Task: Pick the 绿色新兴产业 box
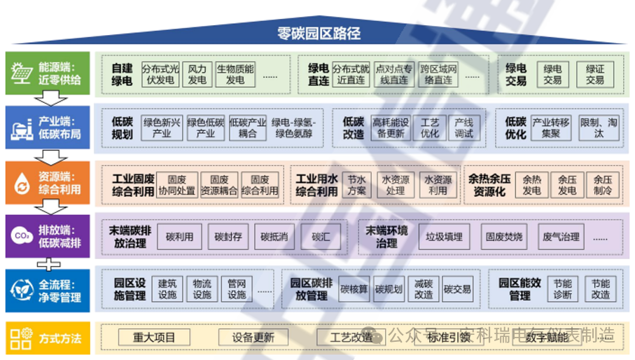[x=162, y=127]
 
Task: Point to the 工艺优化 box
[x=429, y=127]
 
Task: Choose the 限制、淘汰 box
[x=599, y=127]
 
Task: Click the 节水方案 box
[x=356, y=185]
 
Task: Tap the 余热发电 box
[x=531, y=185]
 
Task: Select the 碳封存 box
[x=228, y=237]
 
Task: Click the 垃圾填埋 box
[x=444, y=237]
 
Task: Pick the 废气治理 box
[x=561, y=237]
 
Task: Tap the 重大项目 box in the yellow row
[x=155, y=337]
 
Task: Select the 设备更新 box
[x=254, y=337]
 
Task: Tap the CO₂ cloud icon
[x=20, y=236]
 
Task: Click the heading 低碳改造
[x=353, y=127]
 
